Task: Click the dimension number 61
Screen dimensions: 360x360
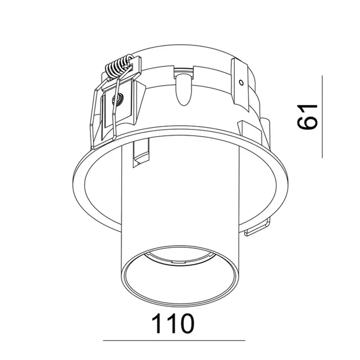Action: [x=308, y=116]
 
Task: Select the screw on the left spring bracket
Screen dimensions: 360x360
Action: [x=118, y=100]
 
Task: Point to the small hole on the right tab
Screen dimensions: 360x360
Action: [x=241, y=83]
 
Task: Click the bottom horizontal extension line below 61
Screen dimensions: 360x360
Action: [x=321, y=157]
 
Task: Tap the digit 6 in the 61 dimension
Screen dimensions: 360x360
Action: [x=308, y=123]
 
